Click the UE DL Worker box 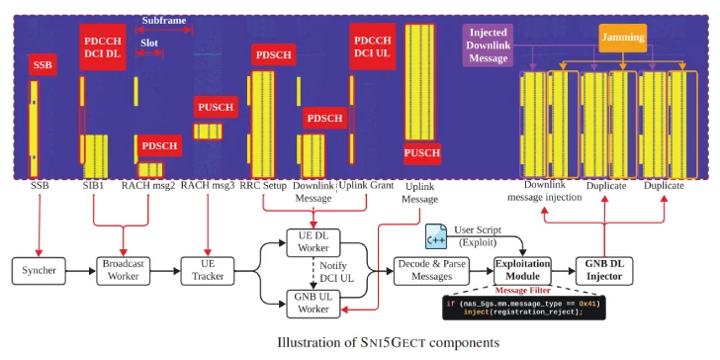[x=314, y=241]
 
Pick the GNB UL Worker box [x=314, y=303]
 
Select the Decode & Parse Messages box [x=431, y=268]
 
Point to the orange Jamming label [x=623, y=38]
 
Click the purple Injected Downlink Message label [x=489, y=45]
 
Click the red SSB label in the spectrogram [x=44, y=65]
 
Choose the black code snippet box [x=521, y=308]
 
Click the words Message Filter [x=521, y=291]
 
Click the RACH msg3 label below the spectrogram [x=208, y=185]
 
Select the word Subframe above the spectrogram [x=163, y=20]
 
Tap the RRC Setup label [x=263, y=185]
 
